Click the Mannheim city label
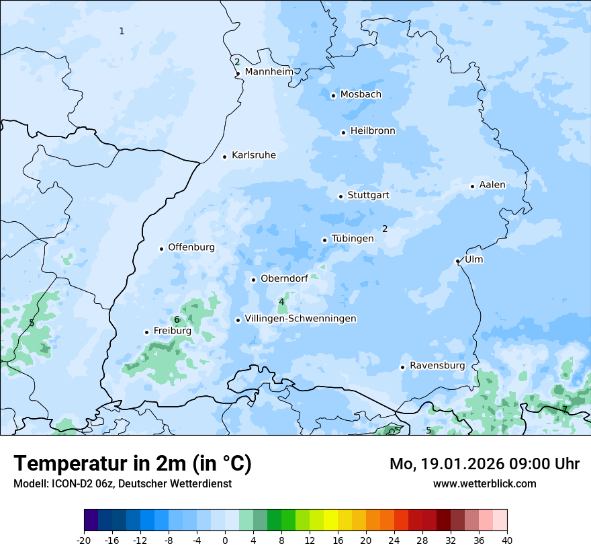tap(269, 72)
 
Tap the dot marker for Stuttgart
tap(340, 196)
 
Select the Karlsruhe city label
tap(253, 155)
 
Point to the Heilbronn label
tap(373, 131)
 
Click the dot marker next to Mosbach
tap(333, 95)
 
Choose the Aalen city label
tap(492, 185)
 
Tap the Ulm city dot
tap(457, 261)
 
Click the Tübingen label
tap(353, 239)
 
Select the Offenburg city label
tap(191, 247)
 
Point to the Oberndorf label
tap(284, 278)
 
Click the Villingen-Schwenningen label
tap(300, 319)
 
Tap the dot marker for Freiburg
tap(146, 332)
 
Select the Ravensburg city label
tap(437, 366)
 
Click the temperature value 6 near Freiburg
tap(177, 320)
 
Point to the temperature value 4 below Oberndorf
tap(281, 302)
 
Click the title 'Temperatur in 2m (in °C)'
tap(133, 464)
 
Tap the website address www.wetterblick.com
tap(484, 484)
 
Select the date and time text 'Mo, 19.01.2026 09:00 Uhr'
tap(484, 464)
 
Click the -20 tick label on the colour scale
tap(84, 541)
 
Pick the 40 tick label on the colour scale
tap(506, 541)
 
